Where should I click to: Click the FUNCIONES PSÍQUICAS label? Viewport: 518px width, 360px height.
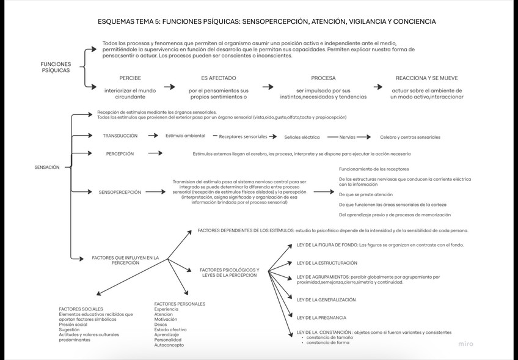click(56, 67)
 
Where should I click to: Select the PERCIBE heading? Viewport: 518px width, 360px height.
click(130, 78)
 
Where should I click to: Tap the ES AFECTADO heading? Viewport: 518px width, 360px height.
click(218, 78)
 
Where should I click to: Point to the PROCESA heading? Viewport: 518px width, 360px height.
click(323, 78)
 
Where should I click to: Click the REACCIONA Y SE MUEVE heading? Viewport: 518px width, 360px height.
click(426, 78)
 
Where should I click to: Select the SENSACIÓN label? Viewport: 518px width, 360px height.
click(47, 167)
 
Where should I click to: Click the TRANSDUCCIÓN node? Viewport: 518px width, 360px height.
click(120, 136)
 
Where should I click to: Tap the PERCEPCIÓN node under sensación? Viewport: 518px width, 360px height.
click(120, 154)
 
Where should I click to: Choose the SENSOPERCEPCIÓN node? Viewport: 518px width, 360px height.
click(120, 192)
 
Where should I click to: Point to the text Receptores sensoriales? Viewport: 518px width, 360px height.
click(243, 137)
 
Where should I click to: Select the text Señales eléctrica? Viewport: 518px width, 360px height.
click(302, 137)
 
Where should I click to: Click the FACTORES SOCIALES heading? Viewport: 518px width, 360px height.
click(81, 309)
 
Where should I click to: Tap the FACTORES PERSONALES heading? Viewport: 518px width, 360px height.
click(180, 304)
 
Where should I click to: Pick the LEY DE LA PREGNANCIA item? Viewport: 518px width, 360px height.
click(321, 318)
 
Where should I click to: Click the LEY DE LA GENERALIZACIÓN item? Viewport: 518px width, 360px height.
click(326, 299)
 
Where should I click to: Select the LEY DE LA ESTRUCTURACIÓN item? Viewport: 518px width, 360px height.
click(327, 263)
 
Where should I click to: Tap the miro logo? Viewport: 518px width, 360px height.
click(465, 344)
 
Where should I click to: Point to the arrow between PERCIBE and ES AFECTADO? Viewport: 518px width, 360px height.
click(170, 87)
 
